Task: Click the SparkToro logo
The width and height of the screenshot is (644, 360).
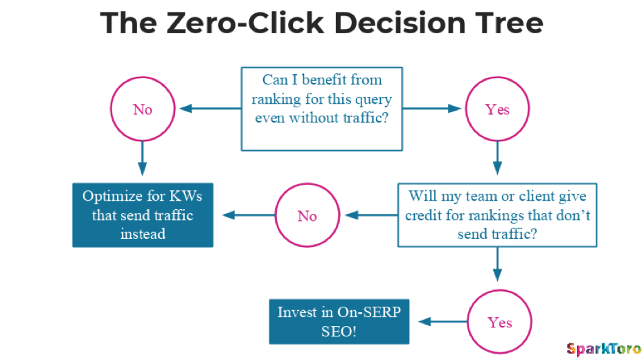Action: [x=604, y=350]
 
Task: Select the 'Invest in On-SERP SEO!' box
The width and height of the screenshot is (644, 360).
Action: [x=339, y=321]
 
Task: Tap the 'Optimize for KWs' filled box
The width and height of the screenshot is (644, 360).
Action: [x=143, y=215]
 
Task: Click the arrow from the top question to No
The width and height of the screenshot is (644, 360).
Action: [x=211, y=109]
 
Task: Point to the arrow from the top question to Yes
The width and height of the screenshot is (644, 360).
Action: [x=431, y=109]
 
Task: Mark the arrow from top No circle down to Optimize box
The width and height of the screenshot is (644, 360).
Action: [x=143, y=159]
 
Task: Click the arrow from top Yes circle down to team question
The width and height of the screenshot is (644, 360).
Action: [x=497, y=158]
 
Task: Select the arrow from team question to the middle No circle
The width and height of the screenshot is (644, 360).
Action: [x=371, y=215]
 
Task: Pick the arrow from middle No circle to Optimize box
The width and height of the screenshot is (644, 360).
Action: [x=249, y=215]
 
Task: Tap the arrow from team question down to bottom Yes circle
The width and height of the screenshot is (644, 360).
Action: [x=497, y=264]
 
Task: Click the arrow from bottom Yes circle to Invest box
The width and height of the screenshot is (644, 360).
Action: [x=443, y=321]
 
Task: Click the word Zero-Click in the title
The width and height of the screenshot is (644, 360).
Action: [x=245, y=23]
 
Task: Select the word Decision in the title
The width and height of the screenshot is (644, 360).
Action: [x=400, y=23]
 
